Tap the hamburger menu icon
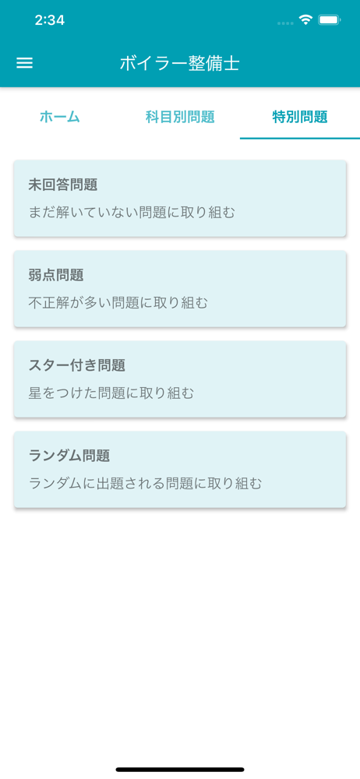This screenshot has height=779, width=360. [x=24, y=63]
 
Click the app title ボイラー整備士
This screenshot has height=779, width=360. [x=179, y=64]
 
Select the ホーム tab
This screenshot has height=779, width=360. [x=60, y=118]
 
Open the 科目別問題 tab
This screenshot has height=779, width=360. [x=180, y=118]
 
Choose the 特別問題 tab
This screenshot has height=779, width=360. [x=300, y=118]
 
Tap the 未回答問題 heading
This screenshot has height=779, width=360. [x=62, y=185]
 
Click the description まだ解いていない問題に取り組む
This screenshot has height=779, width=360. [x=132, y=213]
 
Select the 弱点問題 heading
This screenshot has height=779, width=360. [x=55, y=275]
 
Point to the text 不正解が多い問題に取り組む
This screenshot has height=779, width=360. [x=118, y=302]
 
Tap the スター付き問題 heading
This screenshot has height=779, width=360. [x=76, y=365]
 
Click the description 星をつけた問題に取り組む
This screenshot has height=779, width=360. [x=111, y=393]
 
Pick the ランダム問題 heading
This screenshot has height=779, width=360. [x=69, y=456]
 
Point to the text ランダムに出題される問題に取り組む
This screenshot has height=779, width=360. [x=145, y=484]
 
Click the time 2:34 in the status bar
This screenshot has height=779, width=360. [x=50, y=20]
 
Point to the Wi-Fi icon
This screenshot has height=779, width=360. [x=305, y=20]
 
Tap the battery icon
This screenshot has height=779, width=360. [x=329, y=20]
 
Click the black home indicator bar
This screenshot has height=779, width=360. [x=180, y=770]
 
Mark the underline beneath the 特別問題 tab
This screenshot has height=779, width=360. [x=300, y=138]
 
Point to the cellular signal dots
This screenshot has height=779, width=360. [x=285, y=23]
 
